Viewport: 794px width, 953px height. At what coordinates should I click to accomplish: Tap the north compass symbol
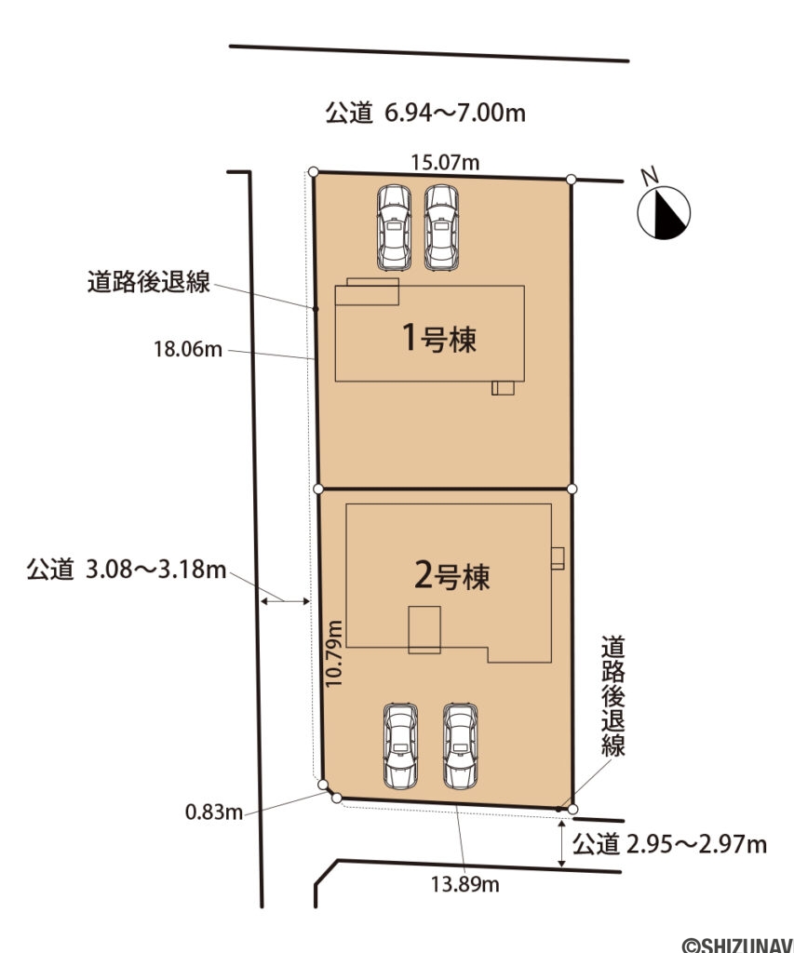(x=664, y=211)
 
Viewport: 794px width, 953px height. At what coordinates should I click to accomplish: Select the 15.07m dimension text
(x=445, y=163)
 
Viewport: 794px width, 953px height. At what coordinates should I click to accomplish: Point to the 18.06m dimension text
(x=188, y=350)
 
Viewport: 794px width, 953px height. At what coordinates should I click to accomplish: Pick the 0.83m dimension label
(x=214, y=812)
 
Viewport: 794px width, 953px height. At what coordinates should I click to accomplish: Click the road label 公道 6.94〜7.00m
(x=425, y=114)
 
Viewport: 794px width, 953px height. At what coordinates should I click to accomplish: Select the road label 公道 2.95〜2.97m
(x=669, y=844)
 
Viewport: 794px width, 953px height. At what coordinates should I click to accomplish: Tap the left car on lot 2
(x=400, y=745)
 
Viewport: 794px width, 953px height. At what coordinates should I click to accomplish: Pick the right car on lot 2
(x=460, y=745)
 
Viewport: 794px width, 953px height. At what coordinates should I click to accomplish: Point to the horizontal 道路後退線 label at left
(x=149, y=282)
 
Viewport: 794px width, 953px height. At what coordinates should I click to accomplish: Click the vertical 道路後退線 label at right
(x=612, y=695)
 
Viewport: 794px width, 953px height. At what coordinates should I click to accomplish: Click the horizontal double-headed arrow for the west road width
(x=285, y=603)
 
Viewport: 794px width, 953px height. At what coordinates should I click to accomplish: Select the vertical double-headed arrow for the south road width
(x=562, y=844)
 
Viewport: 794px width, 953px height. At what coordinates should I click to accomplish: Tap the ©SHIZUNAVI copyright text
(x=739, y=944)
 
